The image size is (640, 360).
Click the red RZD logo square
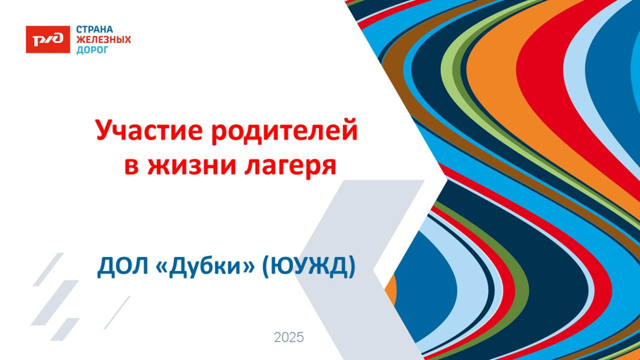click(48, 39)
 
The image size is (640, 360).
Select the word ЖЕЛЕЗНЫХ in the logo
click(103, 39)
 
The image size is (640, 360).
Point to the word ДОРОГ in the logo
click(92, 50)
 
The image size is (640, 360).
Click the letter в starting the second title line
click(132, 166)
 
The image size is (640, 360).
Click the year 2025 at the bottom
click(289, 337)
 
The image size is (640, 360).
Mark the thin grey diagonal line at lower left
click(117, 312)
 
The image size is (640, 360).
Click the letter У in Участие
click(104, 131)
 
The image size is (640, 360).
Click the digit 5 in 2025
click(300, 337)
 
